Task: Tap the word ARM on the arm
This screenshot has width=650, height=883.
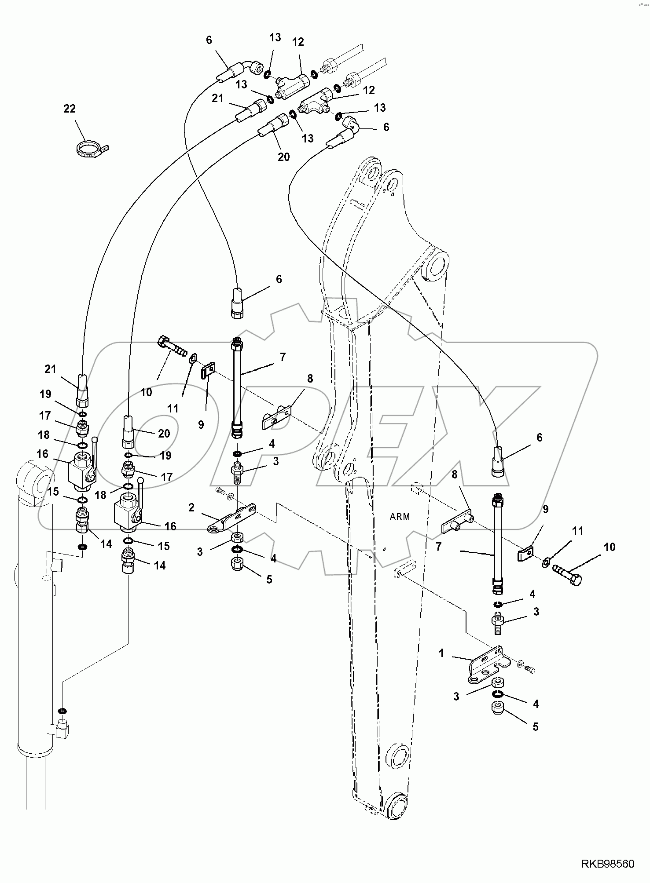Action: (x=400, y=517)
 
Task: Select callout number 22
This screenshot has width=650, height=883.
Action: (x=70, y=109)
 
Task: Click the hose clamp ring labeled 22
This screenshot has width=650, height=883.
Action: (x=90, y=149)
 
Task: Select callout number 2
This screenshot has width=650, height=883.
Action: (x=191, y=507)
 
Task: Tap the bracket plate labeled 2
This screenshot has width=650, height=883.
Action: (x=233, y=519)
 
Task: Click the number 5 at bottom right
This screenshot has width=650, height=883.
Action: (x=535, y=726)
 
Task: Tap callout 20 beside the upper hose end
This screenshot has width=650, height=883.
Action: (x=283, y=156)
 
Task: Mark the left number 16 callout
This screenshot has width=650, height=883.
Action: (x=42, y=453)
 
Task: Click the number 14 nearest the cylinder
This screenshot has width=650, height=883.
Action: (x=106, y=544)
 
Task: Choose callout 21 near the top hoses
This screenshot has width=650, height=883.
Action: (x=217, y=99)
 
